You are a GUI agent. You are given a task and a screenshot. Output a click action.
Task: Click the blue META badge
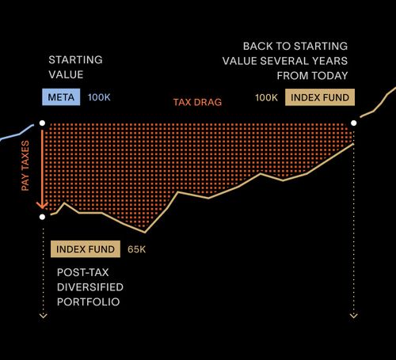[x=60, y=97]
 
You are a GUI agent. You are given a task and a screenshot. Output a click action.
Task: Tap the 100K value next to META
[x=99, y=97]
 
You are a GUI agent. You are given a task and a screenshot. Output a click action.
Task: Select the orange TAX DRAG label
[x=197, y=103]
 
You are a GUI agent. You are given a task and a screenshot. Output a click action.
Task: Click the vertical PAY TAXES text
[x=25, y=166]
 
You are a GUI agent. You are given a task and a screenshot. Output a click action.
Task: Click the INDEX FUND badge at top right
[x=319, y=97]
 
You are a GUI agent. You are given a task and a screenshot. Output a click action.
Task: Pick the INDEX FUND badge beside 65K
[x=85, y=250]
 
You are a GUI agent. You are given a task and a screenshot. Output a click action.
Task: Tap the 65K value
[x=136, y=250]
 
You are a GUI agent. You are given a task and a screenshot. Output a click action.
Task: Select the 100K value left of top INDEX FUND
[x=266, y=97]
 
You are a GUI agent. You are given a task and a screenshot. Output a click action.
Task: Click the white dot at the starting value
[x=42, y=123]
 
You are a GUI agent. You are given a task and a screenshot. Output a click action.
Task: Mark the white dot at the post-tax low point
[x=42, y=216]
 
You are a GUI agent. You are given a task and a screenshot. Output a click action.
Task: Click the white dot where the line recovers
[x=353, y=123]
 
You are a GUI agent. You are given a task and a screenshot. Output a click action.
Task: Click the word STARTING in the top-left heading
[x=75, y=60]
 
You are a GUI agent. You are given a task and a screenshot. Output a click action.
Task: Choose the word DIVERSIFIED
[x=89, y=286]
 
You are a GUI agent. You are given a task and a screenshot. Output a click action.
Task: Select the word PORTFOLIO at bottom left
[x=87, y=301]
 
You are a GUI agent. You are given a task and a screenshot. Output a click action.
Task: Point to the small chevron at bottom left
[x=43, y=316]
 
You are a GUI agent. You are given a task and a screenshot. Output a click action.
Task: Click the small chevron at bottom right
[x=353, y=316]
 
